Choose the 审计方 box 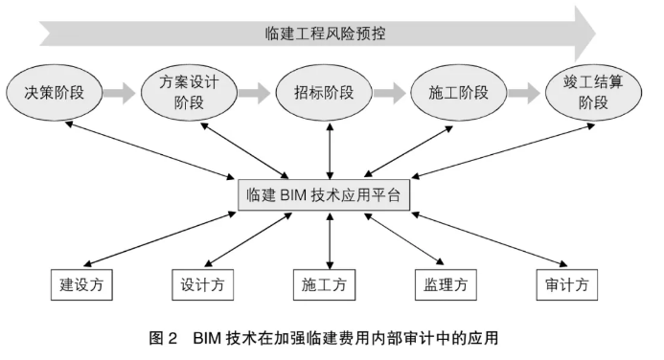(567, 284)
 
